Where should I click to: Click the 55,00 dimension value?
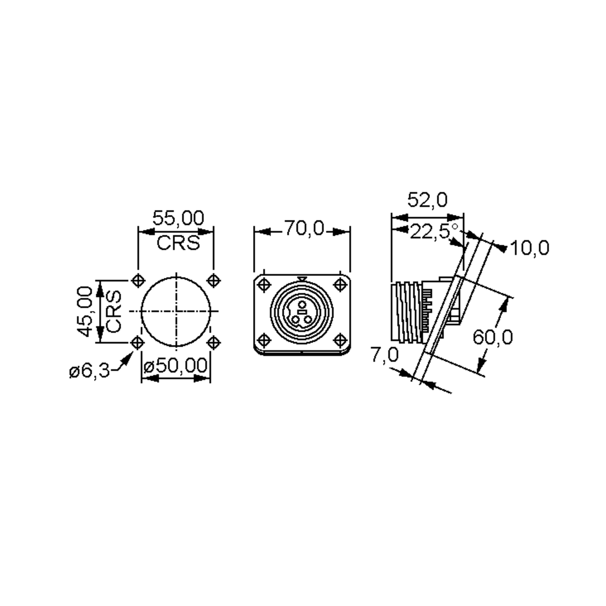(178, 218)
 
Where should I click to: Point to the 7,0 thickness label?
(385, 355)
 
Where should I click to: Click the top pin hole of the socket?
(302, 304)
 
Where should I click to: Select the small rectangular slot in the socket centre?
(302, 312)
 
